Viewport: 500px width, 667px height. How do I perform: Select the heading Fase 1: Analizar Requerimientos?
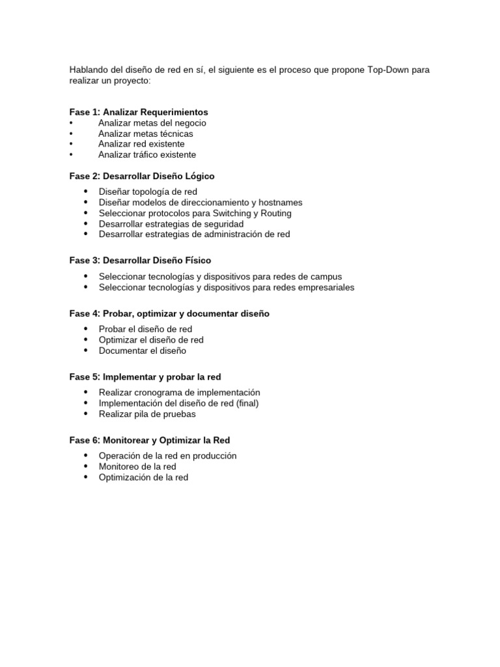coord(139,112)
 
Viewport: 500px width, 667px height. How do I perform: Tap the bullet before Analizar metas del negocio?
coord(71,123)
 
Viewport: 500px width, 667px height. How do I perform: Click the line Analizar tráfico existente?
coord(146,154)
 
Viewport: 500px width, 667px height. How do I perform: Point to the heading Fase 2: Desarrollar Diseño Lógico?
coord(142,176)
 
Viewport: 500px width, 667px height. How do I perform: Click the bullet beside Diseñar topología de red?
coord(86,192)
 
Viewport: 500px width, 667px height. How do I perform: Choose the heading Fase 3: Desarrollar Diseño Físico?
coord(140,261)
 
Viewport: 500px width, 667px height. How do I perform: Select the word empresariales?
coord(326,287)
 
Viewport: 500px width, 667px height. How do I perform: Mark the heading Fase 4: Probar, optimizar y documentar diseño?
coord(169,313)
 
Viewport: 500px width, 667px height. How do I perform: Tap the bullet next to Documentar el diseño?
coord(86,350)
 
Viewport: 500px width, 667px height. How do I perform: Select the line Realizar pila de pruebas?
coord(147,414)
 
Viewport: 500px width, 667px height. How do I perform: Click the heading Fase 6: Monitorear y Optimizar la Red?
coord(150,440)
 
